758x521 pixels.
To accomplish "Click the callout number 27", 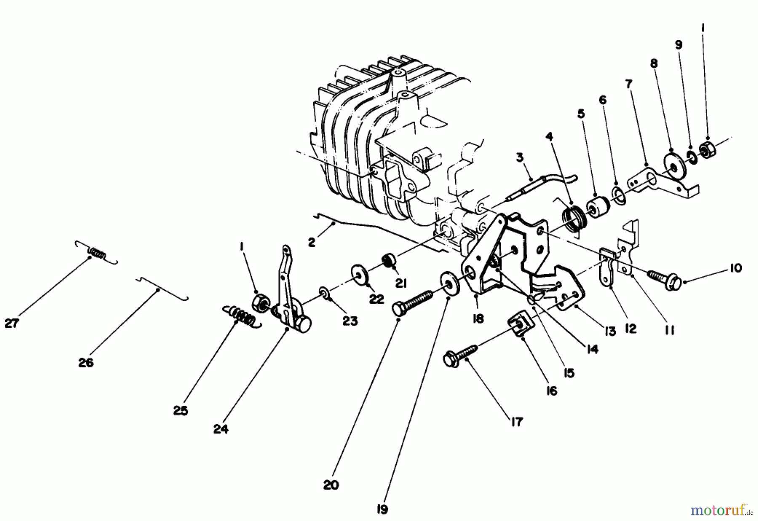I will pos(12,324).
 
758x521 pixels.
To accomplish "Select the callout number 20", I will pos(331,485).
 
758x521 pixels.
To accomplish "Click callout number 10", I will pos(735,268).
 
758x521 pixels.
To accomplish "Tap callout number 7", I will pos(628,84).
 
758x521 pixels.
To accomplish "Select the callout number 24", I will pos(221,429).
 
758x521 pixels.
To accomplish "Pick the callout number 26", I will pos(86,363).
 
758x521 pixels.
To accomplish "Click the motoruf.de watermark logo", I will pos(721,511).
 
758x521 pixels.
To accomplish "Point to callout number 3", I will pos(520,157).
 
